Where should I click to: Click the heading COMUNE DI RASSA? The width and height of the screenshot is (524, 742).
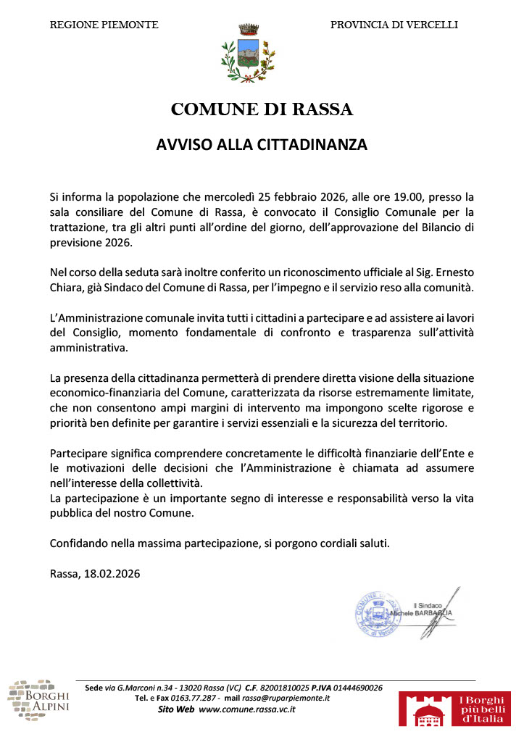pos(262,110)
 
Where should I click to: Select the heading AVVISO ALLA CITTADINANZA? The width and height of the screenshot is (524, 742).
pos(262,145)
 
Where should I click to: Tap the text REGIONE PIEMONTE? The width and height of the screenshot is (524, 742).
pos(104,25)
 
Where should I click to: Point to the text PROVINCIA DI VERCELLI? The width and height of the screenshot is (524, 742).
pos(394,25)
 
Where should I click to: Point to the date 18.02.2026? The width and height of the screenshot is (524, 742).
pos(113,573)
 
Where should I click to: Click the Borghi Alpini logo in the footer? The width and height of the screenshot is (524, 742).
pos(38,700)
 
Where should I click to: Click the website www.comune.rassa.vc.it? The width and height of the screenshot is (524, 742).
pos(246,709)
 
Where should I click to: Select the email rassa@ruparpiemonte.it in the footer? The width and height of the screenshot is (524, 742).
pos(286,698)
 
